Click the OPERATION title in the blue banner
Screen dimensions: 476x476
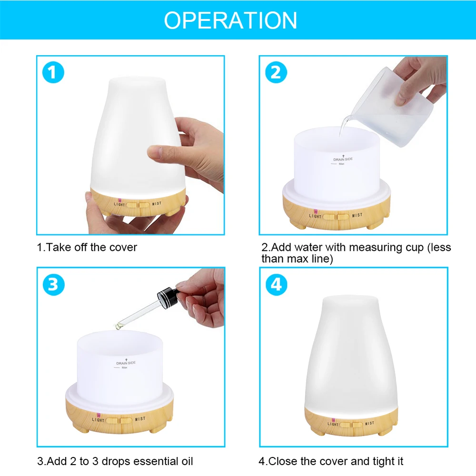tap(230, 20)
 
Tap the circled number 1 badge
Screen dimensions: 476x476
tap(53, 72)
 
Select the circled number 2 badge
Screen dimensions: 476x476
tap(276, 72)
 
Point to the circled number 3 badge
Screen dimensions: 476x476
tap(53, 285)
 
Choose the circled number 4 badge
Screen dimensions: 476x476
tap(276, 285)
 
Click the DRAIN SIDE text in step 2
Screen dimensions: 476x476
tap(343, 159)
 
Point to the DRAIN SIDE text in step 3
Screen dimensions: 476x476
tap(126, 363)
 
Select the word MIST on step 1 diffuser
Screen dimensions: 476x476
tap(157, 203)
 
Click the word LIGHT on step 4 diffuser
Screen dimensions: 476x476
tap(333, 424)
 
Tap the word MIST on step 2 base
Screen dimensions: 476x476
tap(357, 215)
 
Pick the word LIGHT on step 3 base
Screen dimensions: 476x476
tap(98, 420)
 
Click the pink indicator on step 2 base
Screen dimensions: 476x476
tap(316, 211)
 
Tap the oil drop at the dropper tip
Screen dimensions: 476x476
tap(119, 327)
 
